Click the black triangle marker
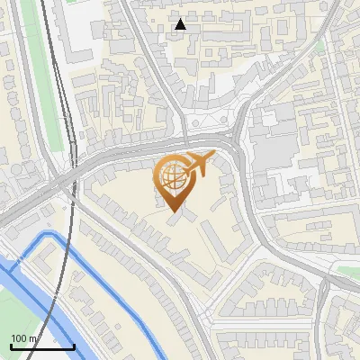pos(181,24)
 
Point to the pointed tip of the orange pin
pos(173,212)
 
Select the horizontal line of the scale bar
pos(41,346)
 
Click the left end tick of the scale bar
pos(10,345)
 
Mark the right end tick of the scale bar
pos(74,345)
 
